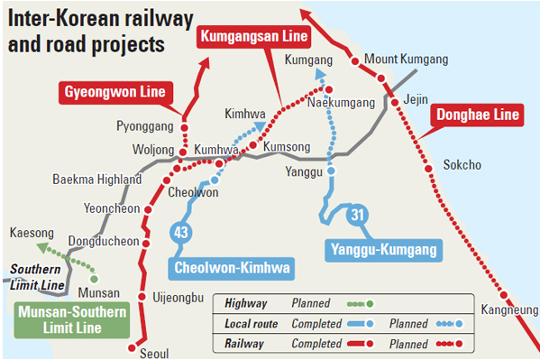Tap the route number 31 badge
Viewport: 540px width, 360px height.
pyautogui.click(x=357, y=214)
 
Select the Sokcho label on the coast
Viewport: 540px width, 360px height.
pyautogui.click(x=462, y=165)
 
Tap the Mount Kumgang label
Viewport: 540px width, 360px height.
pyautogui.click(x=407, y=60)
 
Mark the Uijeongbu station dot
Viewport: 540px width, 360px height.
pyautogui.click(x=142, y=297)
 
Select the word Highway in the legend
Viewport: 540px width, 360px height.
pyautogui.click(x=245, y=303)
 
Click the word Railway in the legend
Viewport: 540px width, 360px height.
pyautogui.click(x=243, y=342)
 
